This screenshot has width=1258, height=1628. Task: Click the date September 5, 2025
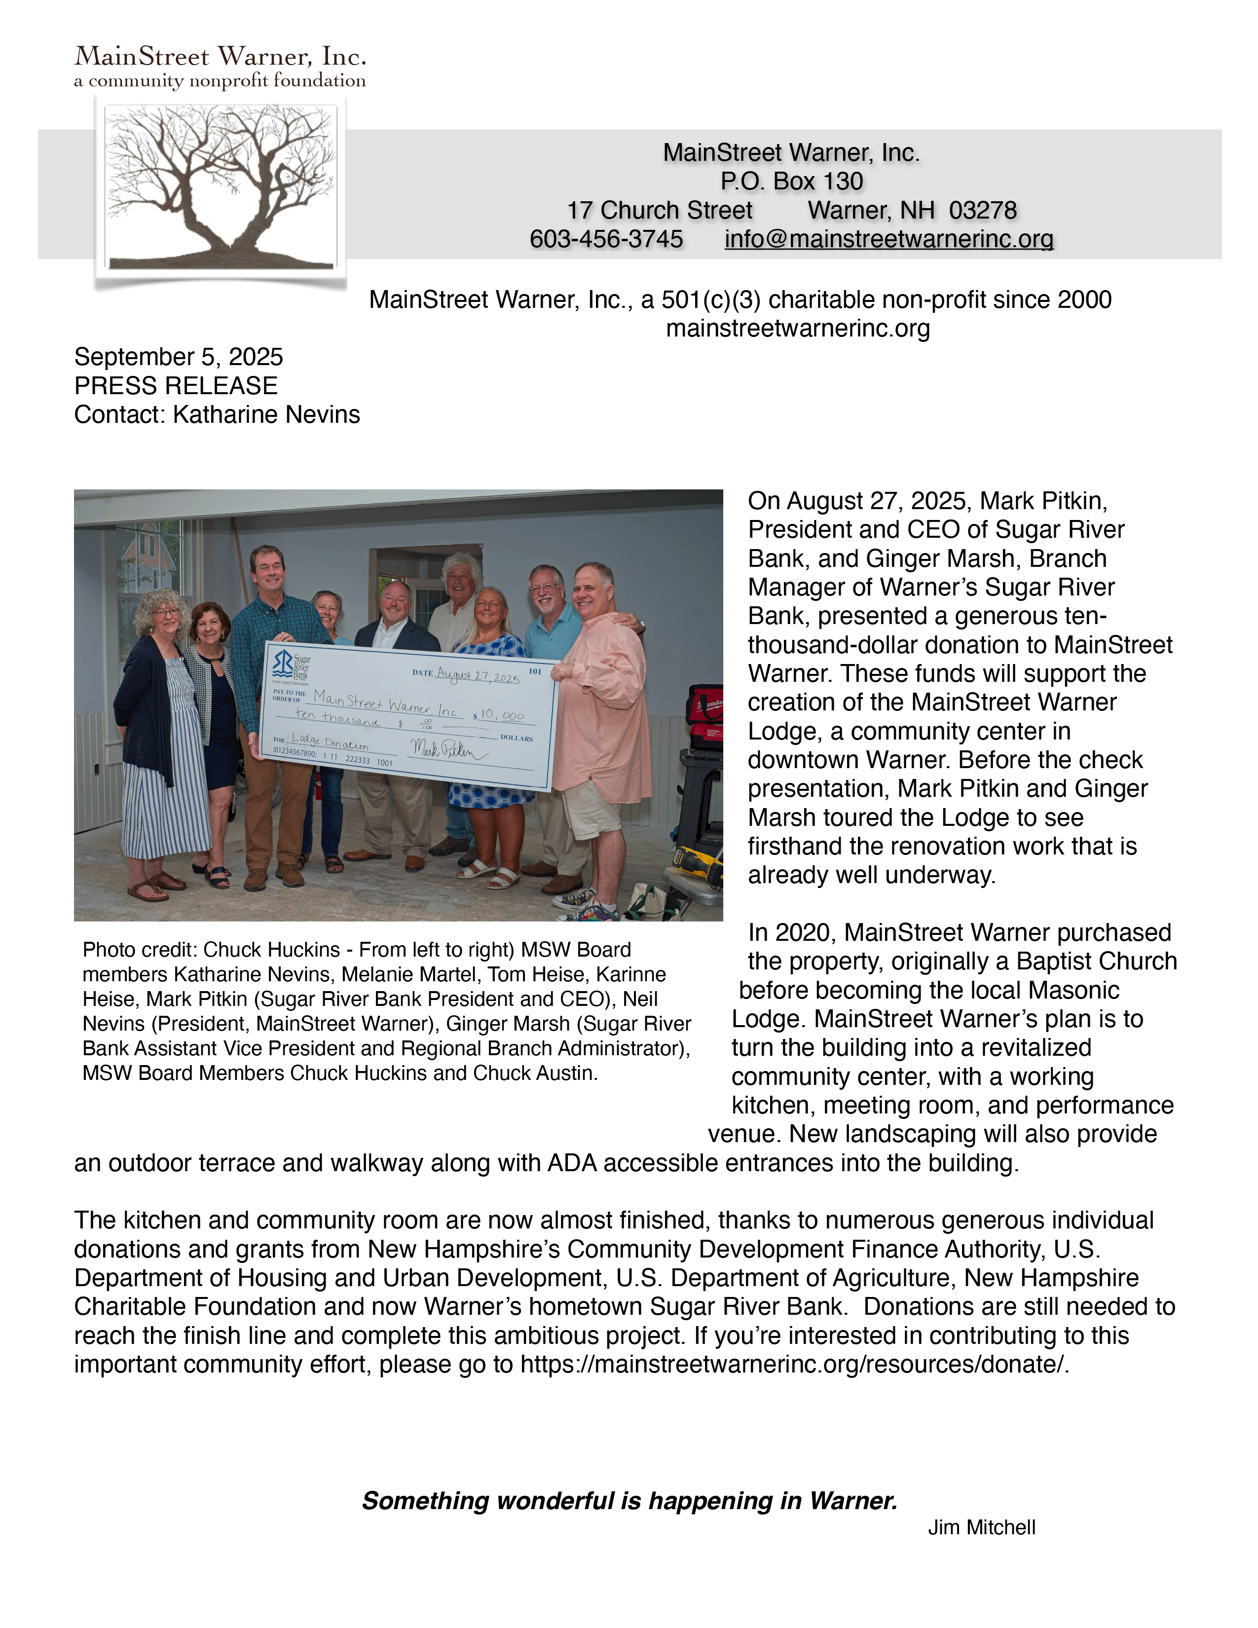pyautogui.click(x=178, y=357)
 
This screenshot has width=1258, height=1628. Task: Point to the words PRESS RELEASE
pyautogui.click(x=176, y=386)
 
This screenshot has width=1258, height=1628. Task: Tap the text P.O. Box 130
pyautogui.click(x=791, y=182)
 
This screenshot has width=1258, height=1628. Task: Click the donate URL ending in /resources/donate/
pyautogui.click(x=794, y=1364)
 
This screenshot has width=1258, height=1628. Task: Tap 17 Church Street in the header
pyautogui.click(x=660, y=211)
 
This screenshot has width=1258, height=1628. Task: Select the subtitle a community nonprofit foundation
pyautogui.click(x=220, y=80)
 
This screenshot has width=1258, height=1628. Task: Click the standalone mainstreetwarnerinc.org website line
pyautogui.click(x=797, y=329)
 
